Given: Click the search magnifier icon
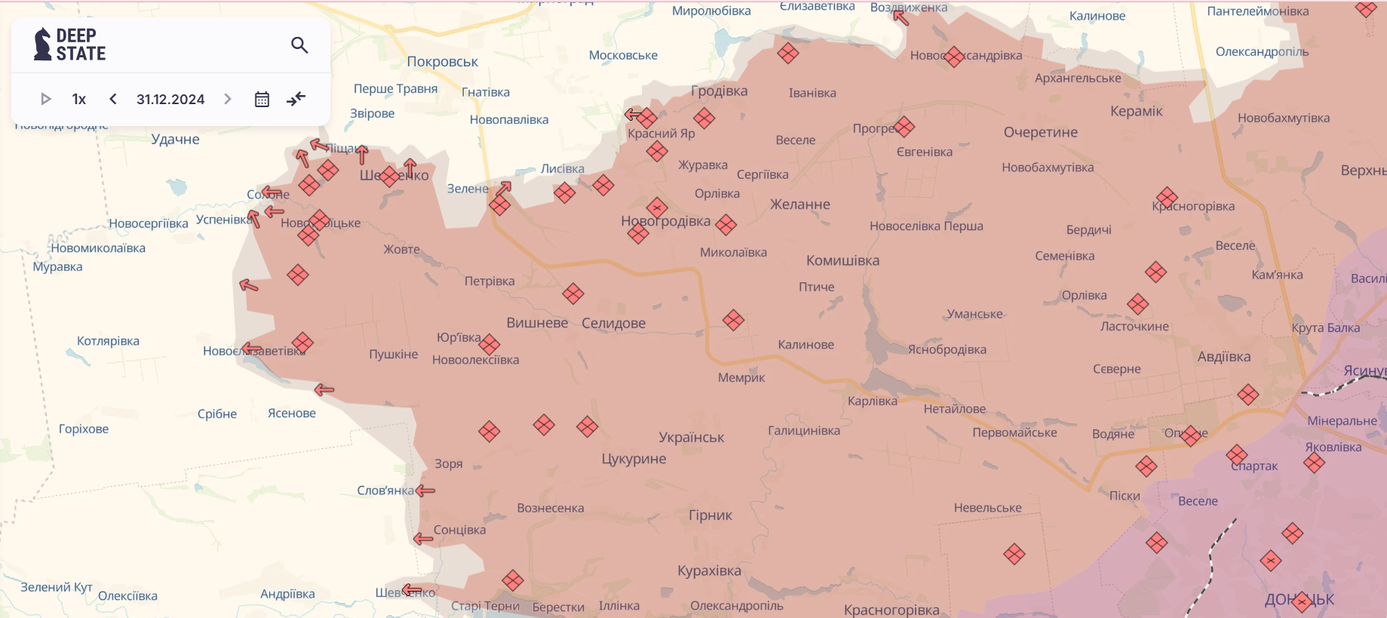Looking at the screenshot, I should (299, 45).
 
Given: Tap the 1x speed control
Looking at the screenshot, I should (79, 100).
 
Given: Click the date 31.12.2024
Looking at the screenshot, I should (170, 100).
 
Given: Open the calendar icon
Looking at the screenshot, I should (262, 100).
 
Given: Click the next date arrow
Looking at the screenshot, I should (228, 99).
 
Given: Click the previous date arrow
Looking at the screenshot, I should (113, 99).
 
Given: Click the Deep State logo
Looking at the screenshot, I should (70, 45).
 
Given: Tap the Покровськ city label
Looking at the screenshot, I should (443, 62).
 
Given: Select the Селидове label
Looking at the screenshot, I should (613, 323).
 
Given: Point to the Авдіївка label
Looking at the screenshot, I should (1223, 357).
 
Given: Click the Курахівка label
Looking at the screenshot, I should (709, 570).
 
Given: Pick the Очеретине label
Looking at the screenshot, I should (1040, 132).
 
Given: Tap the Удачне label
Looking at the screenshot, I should (175, 139).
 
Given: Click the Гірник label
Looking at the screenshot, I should (710, 515).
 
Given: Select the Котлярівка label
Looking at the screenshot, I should (108, 341).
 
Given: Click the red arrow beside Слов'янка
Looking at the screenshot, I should (426, 490).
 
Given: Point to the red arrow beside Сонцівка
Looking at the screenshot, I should (423, 539).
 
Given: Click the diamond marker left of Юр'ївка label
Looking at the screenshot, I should (489, 344).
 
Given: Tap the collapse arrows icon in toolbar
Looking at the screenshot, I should (296, 99).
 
